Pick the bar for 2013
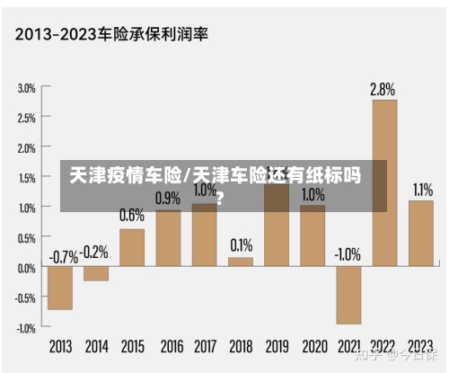[60, 288]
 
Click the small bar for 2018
[241, 262]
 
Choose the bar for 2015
[132, 248]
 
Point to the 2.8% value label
[383, 90]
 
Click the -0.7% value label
[62, 256]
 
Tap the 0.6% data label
[132, 216]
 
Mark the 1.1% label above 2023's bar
[422, 190]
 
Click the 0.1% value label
[241, 244]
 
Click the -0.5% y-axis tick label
[24, 298]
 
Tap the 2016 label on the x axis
[169, 346]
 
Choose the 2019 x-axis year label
[277, 346]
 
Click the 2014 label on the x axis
[96, 346]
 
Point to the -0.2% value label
[95, 251]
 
